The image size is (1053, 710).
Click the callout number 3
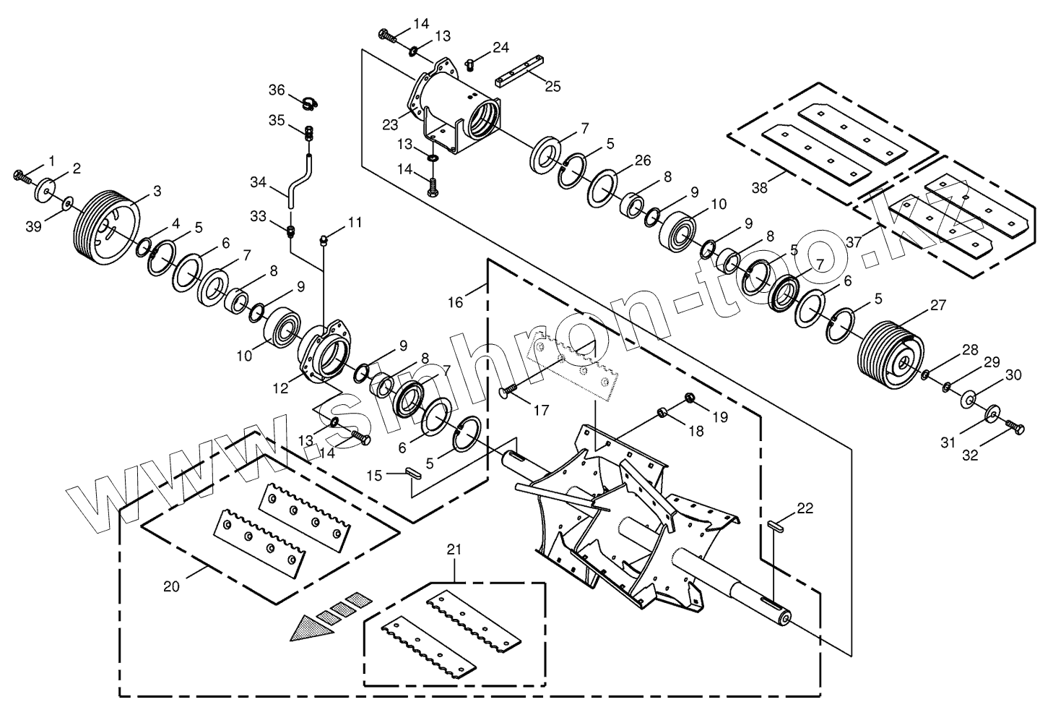tap(157, 191)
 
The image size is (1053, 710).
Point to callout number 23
tap(390, 124)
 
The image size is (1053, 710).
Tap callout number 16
tap(455, 301)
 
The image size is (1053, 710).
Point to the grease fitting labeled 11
tap(325, 239)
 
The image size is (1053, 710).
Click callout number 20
tap(170, 586)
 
